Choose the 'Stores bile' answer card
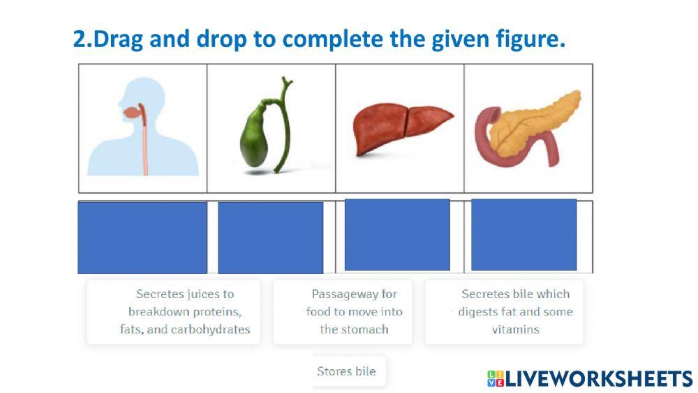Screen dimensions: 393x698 346,371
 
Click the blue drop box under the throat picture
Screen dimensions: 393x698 142,237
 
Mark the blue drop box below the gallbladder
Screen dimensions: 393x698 271,238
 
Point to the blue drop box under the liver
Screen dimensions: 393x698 397,234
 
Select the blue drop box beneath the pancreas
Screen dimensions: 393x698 523,234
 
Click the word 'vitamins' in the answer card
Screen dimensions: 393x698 515,329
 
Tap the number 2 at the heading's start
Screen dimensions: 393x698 79,39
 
